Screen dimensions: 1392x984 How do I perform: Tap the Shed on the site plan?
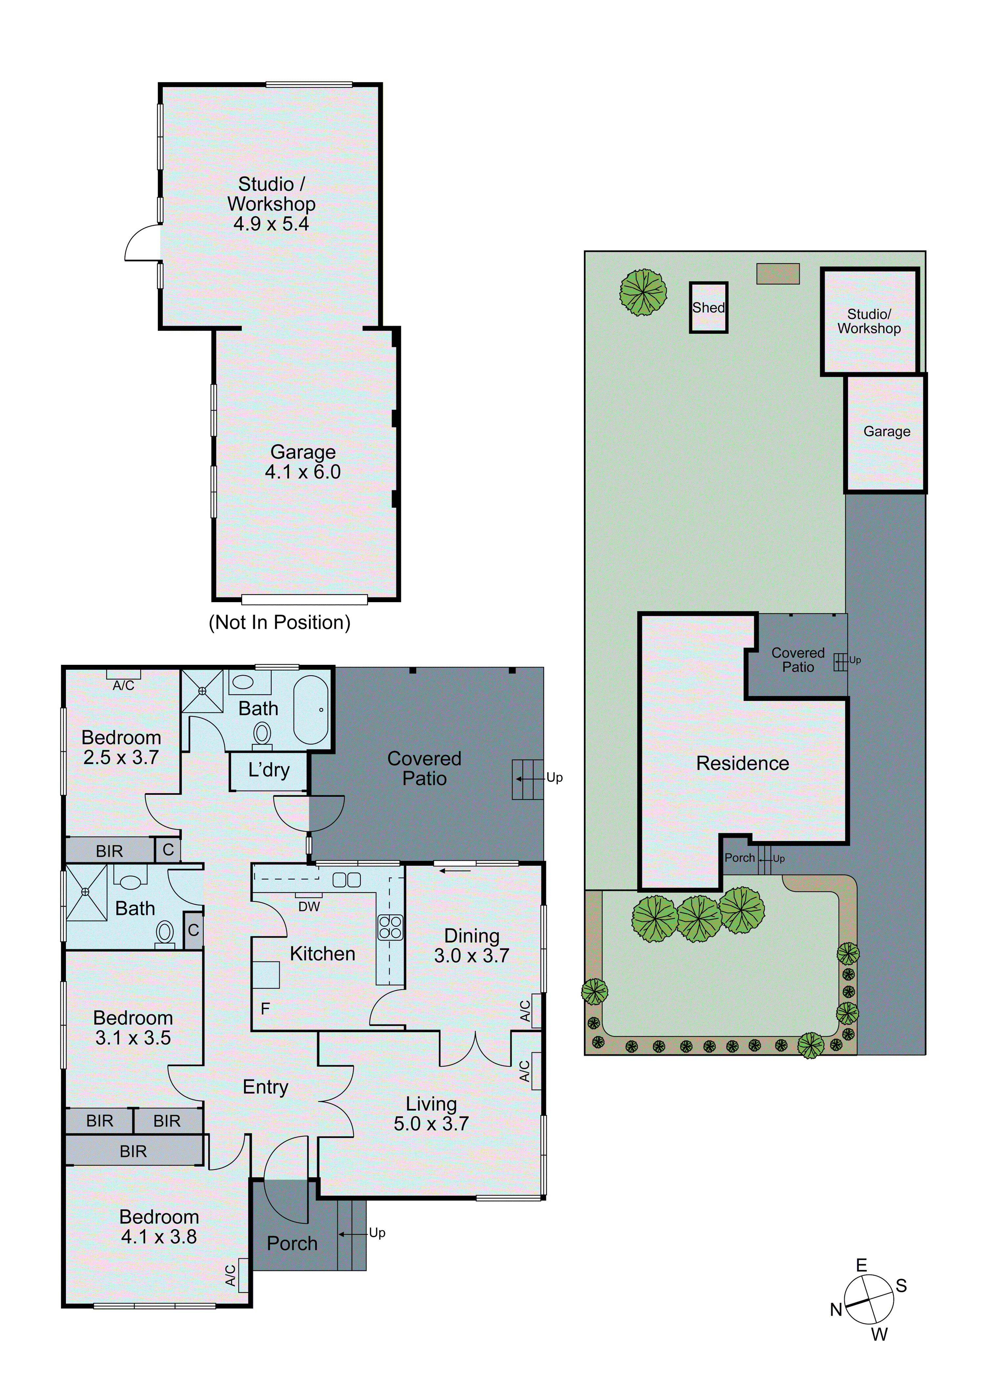tap(708, 307)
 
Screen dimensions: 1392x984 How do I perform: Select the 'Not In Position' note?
tap(279, 622)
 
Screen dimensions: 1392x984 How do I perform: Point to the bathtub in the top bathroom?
tap(311, 709)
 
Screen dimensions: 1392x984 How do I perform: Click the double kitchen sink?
tap(347, 880)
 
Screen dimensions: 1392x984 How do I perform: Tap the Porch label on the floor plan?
tap(292, 1243)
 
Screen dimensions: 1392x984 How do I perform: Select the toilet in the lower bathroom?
tap(165, 932)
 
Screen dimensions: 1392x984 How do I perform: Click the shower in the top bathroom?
tap(202, 691)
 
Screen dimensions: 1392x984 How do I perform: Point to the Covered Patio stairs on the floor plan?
tap(527, 779)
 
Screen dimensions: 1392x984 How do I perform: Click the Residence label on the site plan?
tap(742, 763)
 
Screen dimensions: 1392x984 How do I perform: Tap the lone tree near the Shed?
tap(643, 292)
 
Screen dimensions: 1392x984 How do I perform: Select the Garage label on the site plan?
tap(887, 432)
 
